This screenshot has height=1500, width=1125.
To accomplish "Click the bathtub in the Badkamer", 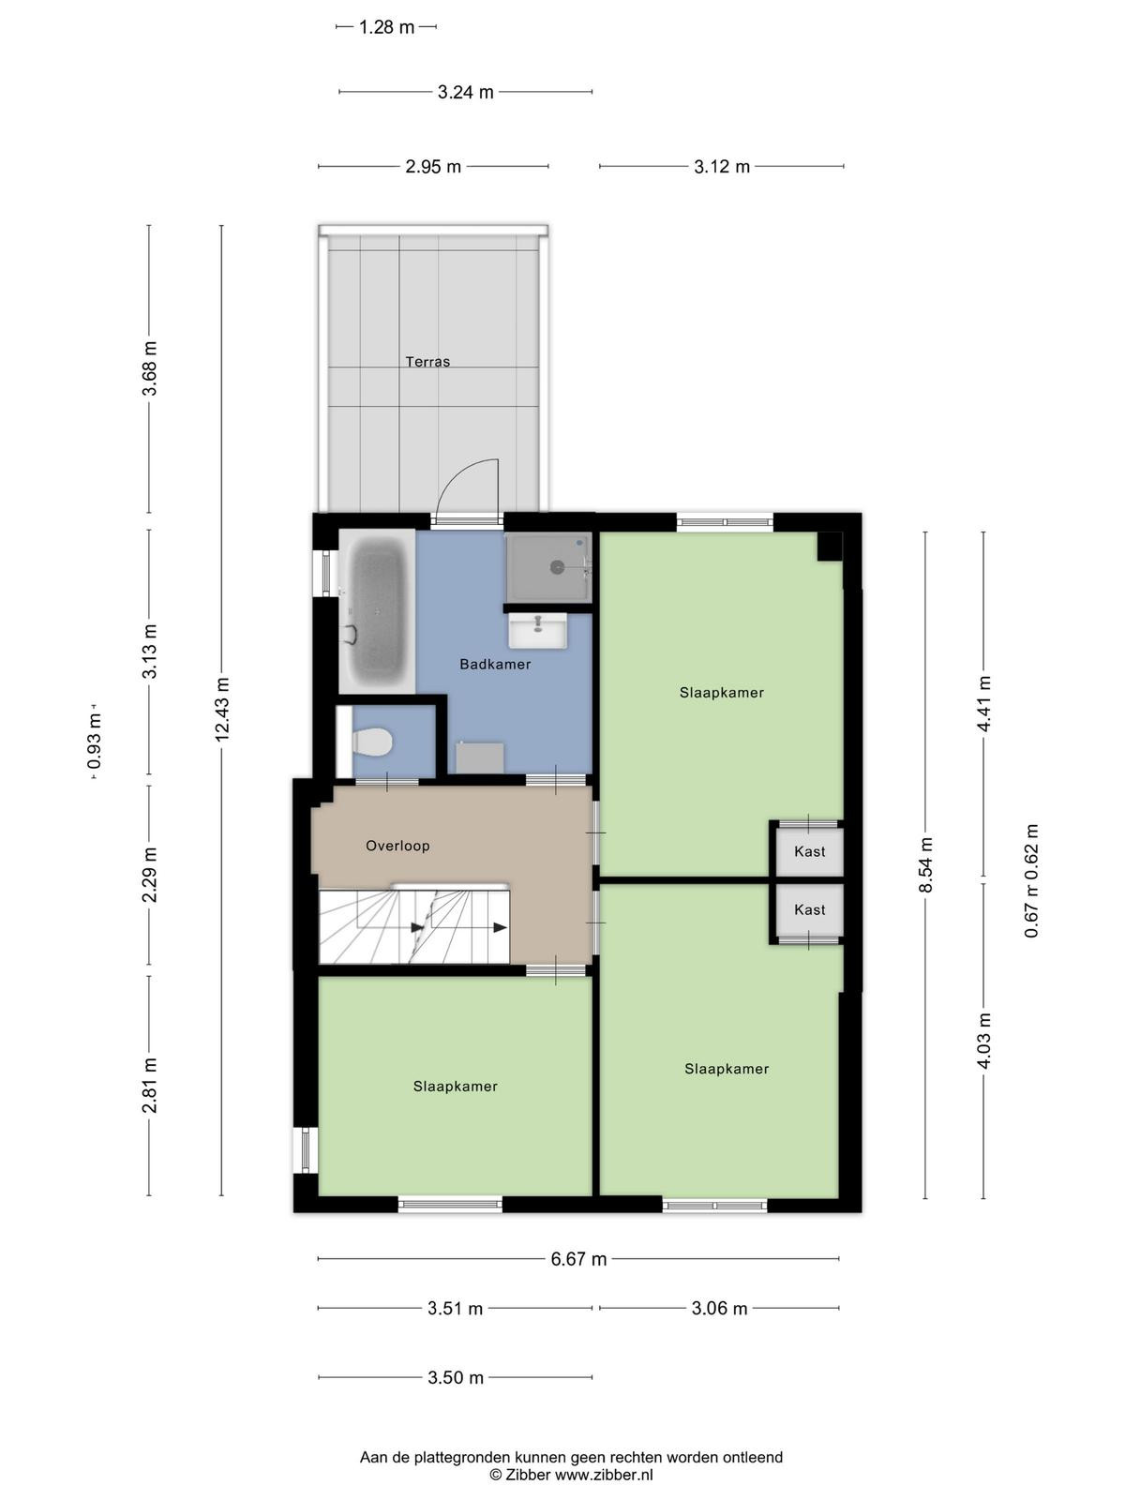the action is click(377, 611).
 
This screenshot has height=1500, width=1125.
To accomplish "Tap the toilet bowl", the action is click(372, 742).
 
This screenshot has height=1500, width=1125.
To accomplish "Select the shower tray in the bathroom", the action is click(547, 567).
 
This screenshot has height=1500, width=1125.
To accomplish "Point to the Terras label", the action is click(427, 362).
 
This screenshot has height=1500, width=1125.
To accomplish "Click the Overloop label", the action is click(397, 846).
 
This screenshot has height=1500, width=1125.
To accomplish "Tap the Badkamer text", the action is click(495, 664).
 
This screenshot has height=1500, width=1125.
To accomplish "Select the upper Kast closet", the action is click(809, 851).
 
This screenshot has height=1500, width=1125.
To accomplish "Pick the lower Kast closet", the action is click(809, 909).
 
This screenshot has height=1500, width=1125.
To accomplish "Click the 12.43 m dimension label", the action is click(222, 709).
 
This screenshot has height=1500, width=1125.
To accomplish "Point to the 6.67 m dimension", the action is click(578, 1259).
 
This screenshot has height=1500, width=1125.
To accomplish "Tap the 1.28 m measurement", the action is click(386, 27).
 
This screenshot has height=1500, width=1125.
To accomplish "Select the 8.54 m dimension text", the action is click(925, 864).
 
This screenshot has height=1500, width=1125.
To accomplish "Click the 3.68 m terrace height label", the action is click(150, 368).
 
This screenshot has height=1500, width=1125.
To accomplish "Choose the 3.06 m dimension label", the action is click(719, 1308).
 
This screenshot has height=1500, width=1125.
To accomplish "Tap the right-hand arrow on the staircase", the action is click(500, 927).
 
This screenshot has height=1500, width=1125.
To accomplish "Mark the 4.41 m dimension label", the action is click(983, 703).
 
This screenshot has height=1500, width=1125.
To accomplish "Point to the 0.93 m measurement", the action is click(95, 741).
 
